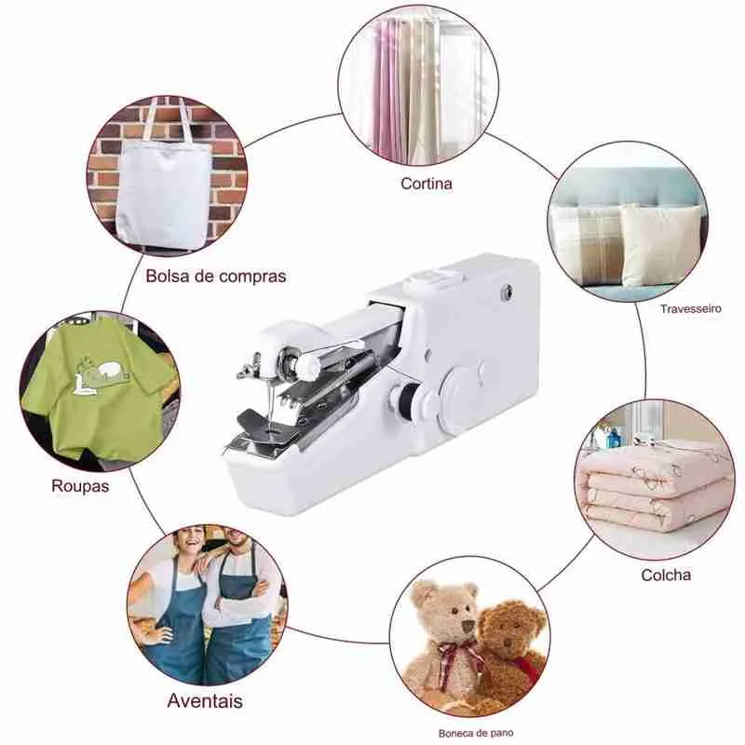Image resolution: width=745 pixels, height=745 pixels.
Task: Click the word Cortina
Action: [x=427, y=183]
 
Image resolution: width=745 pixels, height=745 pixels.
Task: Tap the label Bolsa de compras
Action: [x=216, y=276]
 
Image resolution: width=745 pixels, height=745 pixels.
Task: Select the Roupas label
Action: [x=80, y=486]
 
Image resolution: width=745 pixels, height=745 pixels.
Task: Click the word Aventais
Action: [x=205, y=701]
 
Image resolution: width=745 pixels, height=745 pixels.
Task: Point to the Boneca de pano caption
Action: [x=476, y=733]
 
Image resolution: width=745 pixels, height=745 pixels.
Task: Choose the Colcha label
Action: [x=666, y=575]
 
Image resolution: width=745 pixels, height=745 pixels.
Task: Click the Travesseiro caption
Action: [x=690, y=309]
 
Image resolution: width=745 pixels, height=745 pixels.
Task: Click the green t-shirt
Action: [x=95, y=385]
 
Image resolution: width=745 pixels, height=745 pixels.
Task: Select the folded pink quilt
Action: [x=654, y=490]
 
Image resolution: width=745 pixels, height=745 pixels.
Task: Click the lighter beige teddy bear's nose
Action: [x=467, y=624]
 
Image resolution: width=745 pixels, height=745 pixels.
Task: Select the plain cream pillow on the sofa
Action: [x=660, y=245]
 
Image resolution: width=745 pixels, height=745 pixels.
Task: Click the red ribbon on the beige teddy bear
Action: [x=454, y=656]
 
